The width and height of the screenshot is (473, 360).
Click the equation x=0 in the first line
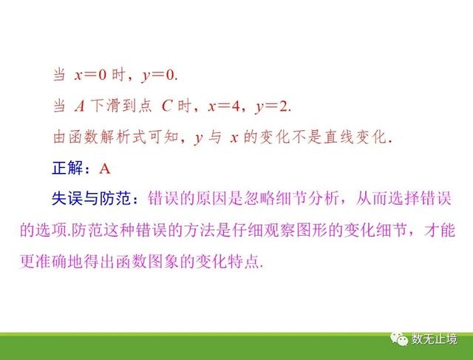click(x=90, y=75)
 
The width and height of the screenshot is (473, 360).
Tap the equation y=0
click(x=158, y=75)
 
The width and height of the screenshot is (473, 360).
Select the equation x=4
click(x=223, y=106)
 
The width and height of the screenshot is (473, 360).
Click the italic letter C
click(x=167, y=106)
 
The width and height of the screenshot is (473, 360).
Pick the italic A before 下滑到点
click(x=80, y=106)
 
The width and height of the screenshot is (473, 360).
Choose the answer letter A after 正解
click(x=105, y=169)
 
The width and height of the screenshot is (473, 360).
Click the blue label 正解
click(x=67, y=168)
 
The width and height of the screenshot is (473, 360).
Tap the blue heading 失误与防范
click(x=91, y=199)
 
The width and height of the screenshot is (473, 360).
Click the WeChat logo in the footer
click(x=399, y=339)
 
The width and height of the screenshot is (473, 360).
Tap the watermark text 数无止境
click(x=434, y=339)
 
